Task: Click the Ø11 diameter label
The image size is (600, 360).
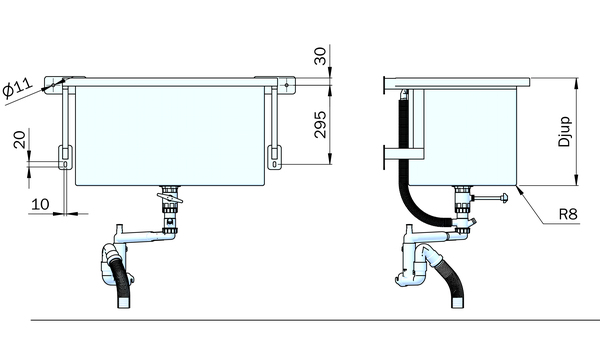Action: [x=18, y=88]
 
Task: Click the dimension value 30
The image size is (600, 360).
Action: [x=320, y=56]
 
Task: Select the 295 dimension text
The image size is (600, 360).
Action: [x=320, y=124]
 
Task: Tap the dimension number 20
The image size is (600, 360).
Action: [x=20, y=139]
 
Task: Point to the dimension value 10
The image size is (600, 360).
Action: [x=40, y=204]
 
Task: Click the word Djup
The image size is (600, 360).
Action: [x=564, y=132]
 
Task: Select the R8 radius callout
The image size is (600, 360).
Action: [x=568, y=214]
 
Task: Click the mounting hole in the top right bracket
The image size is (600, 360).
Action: [x=286, y=85]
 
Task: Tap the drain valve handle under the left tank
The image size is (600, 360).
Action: [x=170, y=198]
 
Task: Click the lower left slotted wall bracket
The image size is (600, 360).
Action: [x=65, y=157]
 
